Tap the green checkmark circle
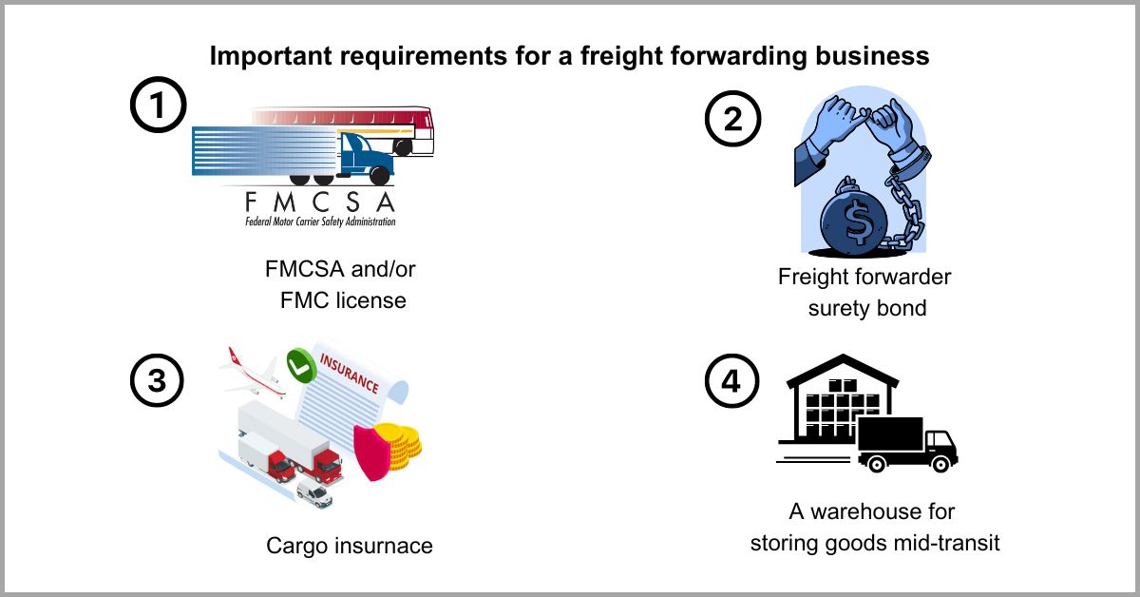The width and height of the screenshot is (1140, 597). coord(300,362)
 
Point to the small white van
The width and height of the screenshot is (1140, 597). coord(313,491)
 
